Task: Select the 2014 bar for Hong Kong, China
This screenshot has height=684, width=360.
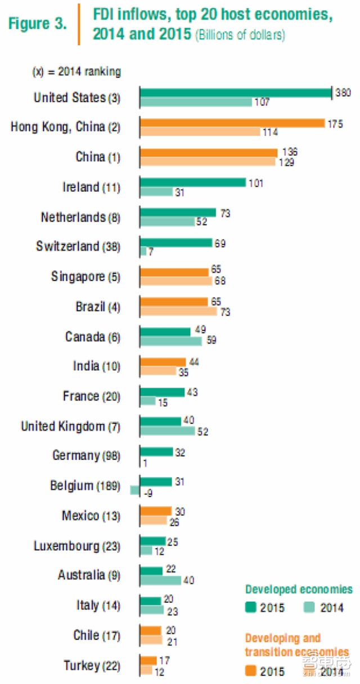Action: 200,132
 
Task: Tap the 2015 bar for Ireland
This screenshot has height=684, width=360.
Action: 192,182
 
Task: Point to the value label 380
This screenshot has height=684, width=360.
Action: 343,92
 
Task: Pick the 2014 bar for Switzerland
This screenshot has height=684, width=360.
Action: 143,251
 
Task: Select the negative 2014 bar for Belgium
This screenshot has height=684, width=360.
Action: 134,490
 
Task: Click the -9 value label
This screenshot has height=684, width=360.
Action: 149,493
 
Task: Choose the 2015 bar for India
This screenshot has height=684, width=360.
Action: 163,362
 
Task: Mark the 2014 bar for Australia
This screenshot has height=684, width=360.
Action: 160,580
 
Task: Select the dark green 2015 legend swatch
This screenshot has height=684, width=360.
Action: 251,607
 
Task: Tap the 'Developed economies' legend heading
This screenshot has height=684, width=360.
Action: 299,589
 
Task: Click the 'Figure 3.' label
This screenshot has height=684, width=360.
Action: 37,24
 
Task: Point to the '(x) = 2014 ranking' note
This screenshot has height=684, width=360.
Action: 76,71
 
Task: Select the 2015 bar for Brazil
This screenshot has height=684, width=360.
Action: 173,302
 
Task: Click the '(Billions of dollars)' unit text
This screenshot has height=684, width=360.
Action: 240,35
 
